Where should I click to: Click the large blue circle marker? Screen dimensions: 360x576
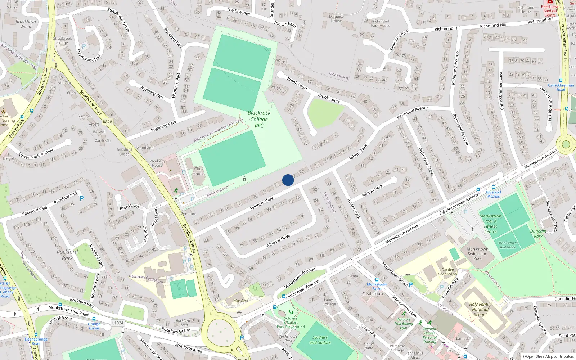(x=288, y=180)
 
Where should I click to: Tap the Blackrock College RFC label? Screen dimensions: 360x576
(x=259, y=119)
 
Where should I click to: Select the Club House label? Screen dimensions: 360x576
(x=198, y=171)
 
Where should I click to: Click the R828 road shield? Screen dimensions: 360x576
(x=107, y=122)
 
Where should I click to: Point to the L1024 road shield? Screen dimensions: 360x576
(x=118, y=323)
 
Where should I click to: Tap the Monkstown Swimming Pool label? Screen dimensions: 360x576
(x=477, y=253)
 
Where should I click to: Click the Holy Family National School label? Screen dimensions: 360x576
(x=480, y=309)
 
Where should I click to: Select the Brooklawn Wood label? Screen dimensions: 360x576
(x=26, y=24)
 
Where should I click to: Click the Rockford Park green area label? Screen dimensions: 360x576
(x=67, y=255)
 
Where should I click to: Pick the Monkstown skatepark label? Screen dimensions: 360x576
(x=507, y=245)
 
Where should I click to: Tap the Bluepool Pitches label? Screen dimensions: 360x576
(x=494, y=194)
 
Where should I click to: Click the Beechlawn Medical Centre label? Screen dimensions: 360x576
(x=550, y=11)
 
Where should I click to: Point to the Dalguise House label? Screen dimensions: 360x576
(x=336, y=19)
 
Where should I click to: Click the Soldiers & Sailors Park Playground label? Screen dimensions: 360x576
(x=291, y=323)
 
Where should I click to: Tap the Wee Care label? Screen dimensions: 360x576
(x=240, y=301)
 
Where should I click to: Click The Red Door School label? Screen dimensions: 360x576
(x=447, y=271)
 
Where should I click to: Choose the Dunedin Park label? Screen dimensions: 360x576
(x=538, y=234)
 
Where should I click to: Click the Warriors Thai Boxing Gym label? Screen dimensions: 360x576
(x=404, y=324)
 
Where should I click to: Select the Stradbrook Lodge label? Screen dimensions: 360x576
(x=63, y=40)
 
